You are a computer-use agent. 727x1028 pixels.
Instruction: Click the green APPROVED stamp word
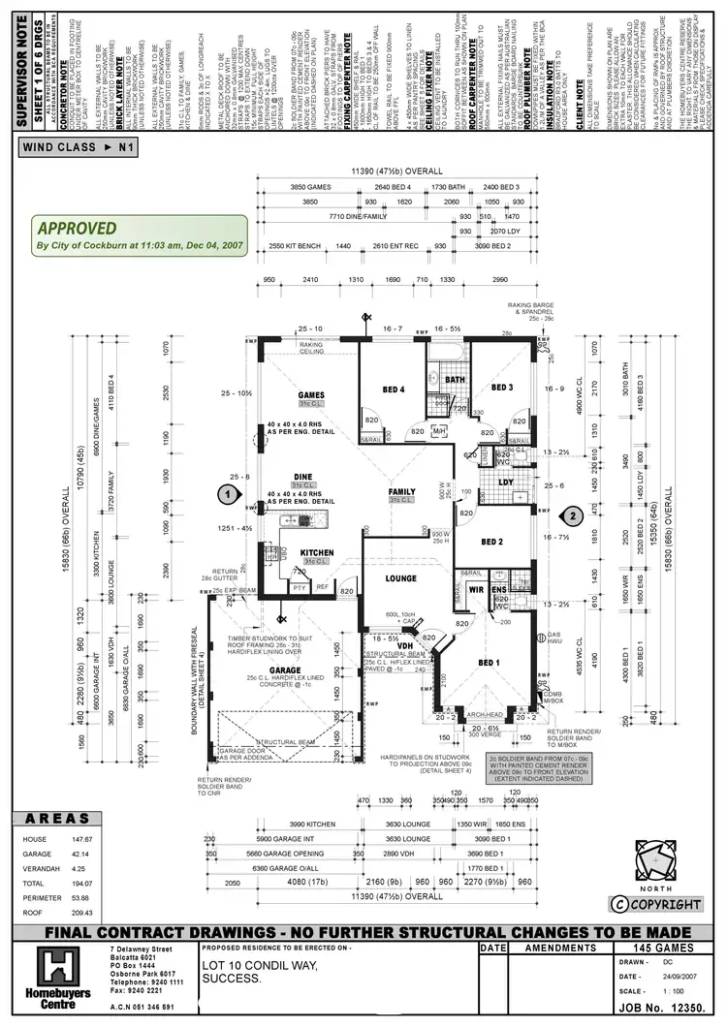pos(77,230)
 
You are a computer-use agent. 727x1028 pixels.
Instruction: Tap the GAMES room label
pos(312,395)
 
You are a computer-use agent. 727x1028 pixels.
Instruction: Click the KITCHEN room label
pos(317,553)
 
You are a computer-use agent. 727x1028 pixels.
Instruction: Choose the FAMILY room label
pos(402,491)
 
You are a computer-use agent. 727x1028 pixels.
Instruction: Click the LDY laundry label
pos(505,482)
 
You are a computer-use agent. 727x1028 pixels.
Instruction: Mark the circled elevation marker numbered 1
pos(226,493)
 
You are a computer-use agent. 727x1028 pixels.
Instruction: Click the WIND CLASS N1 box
pos(83,147)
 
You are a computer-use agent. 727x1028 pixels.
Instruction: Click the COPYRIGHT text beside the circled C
pos(665,904)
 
